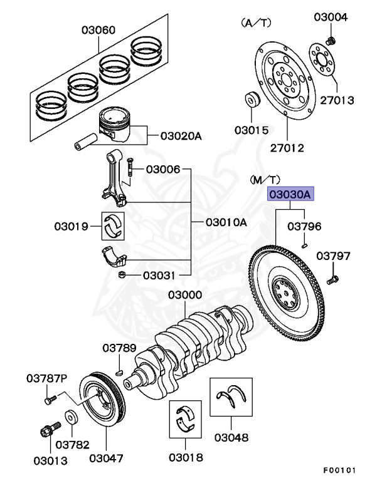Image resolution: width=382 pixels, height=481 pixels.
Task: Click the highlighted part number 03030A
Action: tap(290, 195)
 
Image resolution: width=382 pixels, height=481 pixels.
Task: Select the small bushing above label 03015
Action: tap(252, 101)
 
